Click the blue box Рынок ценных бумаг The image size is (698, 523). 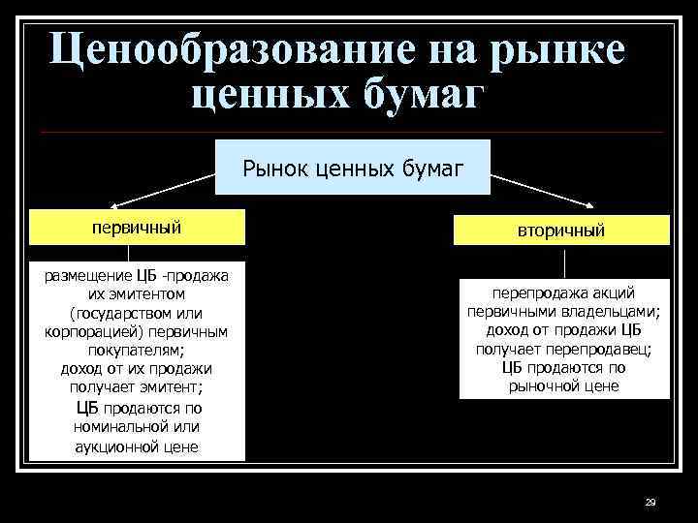click(x=353, y=169)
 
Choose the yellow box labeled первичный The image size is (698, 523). click(x=137, y=228)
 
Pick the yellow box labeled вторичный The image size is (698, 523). click(x=563, y=231)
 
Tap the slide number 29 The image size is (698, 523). click(x=650, y=502)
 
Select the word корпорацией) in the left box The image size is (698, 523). click(x=90, y=331)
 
